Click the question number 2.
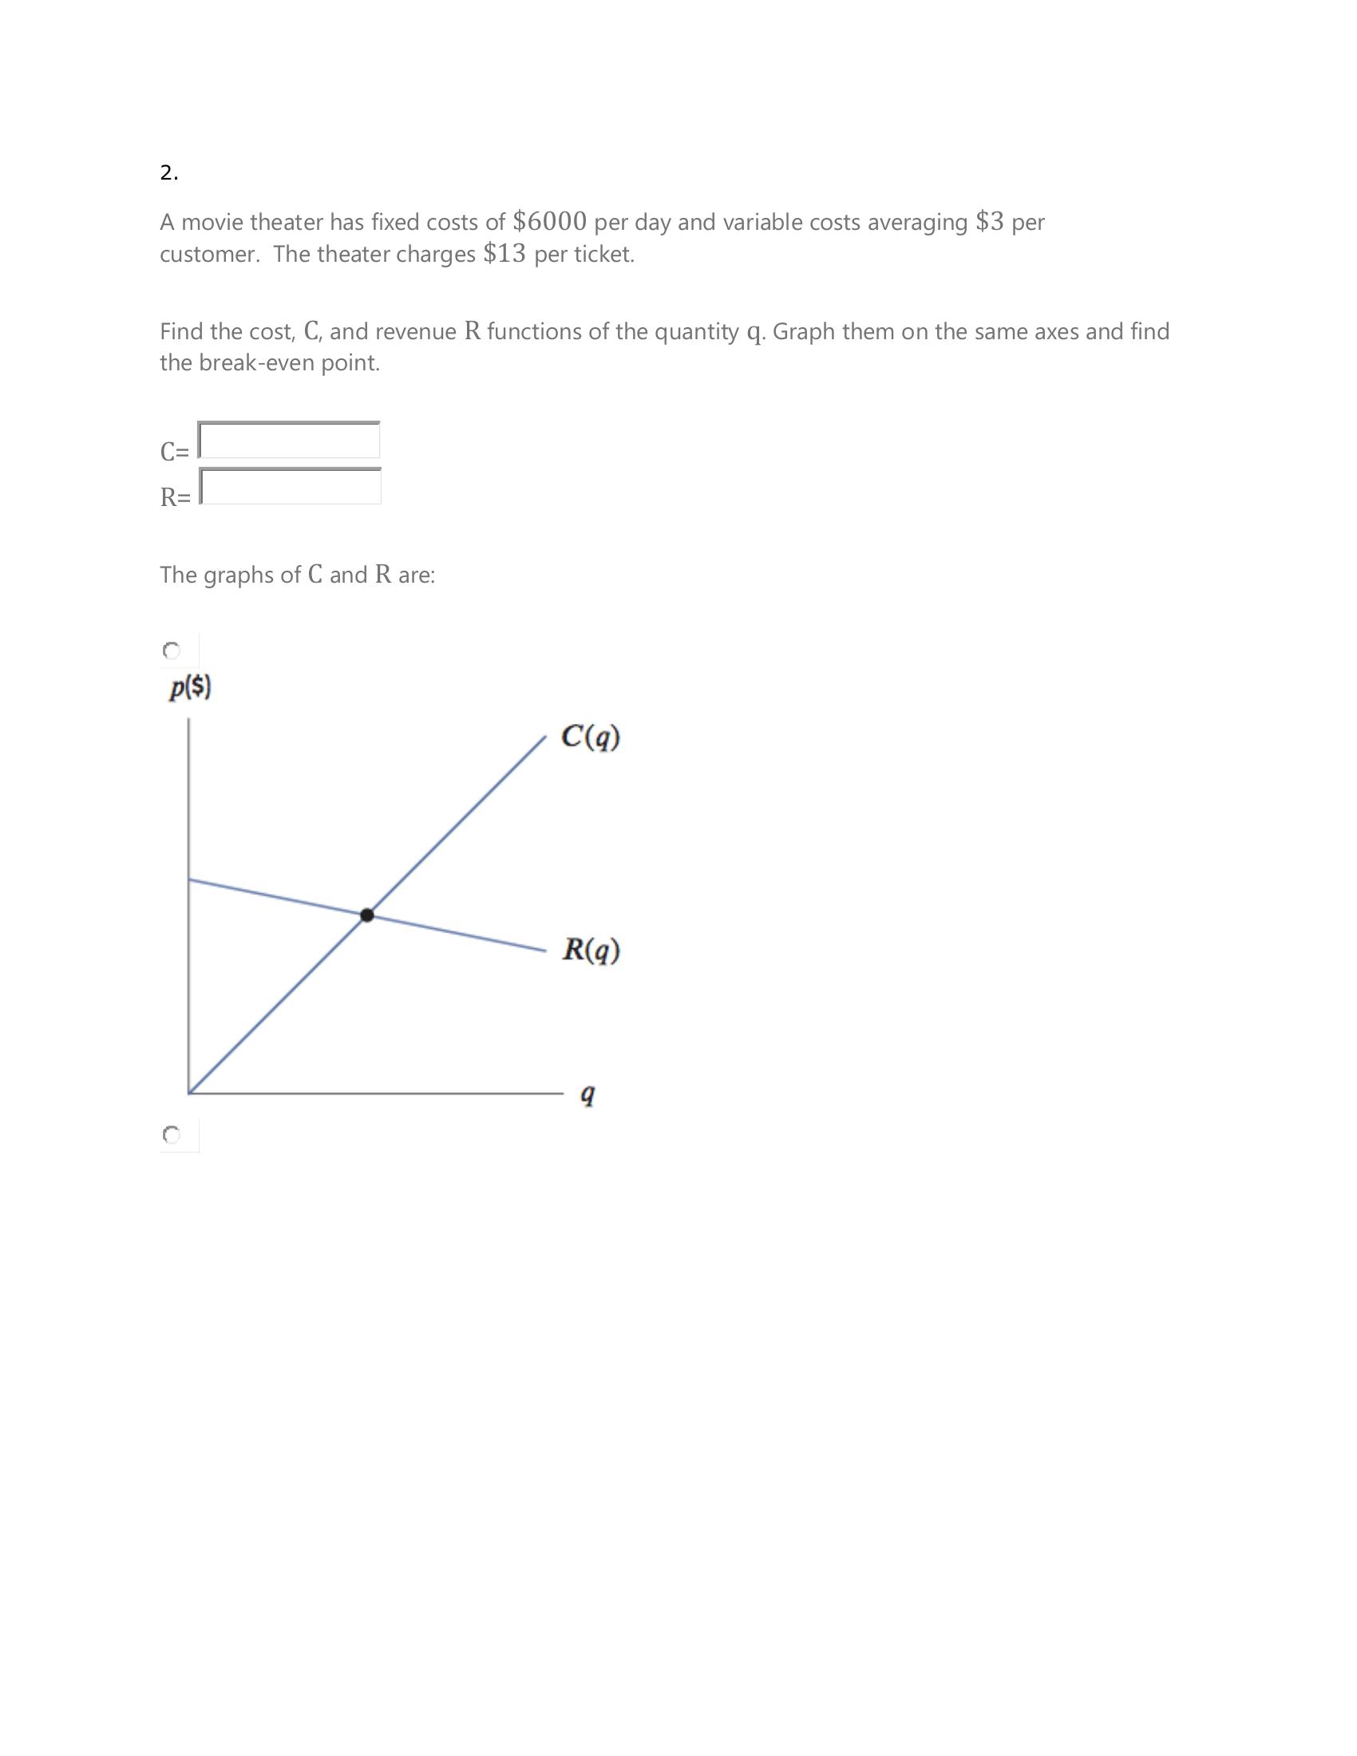168,173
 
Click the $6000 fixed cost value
549,221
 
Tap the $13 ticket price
504,254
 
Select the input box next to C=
290,441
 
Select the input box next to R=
291,486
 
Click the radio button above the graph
172,650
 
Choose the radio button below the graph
172,1134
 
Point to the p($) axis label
190,688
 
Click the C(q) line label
590,737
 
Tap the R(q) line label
591,951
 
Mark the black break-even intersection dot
367,915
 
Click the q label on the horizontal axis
588,1094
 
